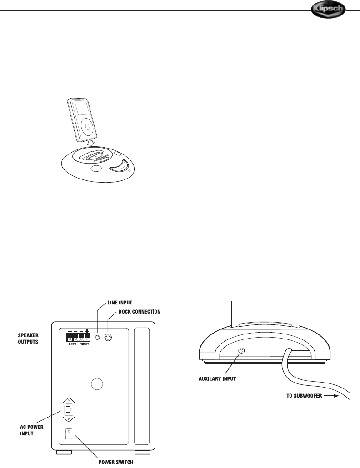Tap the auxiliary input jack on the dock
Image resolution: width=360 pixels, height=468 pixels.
(242, 351)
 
